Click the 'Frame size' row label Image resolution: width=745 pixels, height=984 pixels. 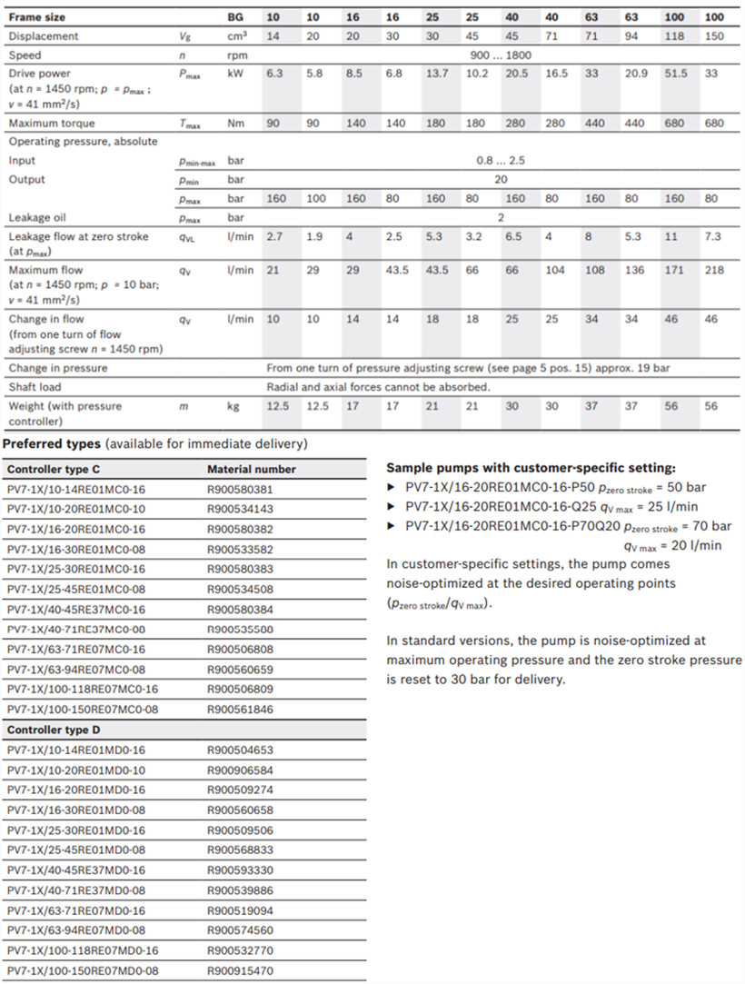37,17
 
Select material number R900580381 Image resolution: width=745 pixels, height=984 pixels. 240,489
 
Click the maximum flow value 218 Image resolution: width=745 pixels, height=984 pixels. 715,271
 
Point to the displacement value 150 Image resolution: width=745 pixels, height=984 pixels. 715,36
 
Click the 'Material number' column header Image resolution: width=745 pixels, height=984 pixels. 252,470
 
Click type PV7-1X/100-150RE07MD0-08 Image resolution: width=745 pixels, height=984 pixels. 83,970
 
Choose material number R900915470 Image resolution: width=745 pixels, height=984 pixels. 240,970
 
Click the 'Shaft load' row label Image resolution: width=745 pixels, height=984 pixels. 35,387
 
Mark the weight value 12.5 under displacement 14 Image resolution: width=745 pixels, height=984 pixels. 277,406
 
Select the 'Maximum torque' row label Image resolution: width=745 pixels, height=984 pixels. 52,123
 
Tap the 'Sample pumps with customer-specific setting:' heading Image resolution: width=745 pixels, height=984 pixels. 531,468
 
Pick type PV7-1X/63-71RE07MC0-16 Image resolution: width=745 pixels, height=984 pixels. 75,650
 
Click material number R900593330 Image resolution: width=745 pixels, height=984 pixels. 240,870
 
